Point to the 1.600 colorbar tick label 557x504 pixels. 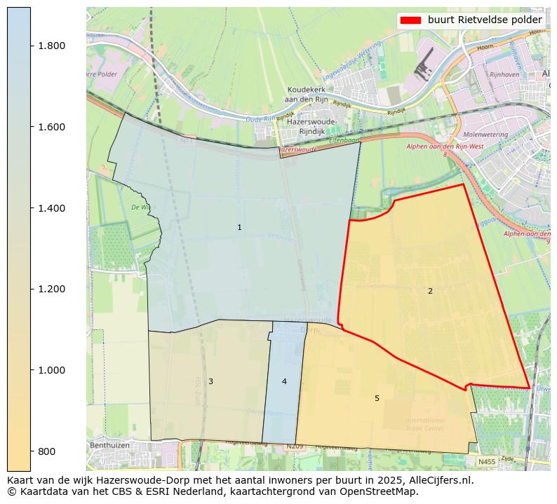coord(52,127)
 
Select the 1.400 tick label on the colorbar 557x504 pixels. coord(52,208)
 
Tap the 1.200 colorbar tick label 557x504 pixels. coord(52,289)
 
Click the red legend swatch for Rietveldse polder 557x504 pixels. coord(410,20)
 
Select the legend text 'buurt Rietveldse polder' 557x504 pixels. coord(485,20)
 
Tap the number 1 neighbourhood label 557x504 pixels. coord(239,227)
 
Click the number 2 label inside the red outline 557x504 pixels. coord(430,291)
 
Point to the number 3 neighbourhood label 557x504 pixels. coord(210,381)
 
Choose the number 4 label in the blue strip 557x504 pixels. coord(284,381)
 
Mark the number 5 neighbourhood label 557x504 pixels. coord(377,398)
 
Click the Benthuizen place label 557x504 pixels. coord(111,445)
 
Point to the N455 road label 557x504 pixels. coord(487,462)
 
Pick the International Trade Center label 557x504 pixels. coord(424,424)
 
